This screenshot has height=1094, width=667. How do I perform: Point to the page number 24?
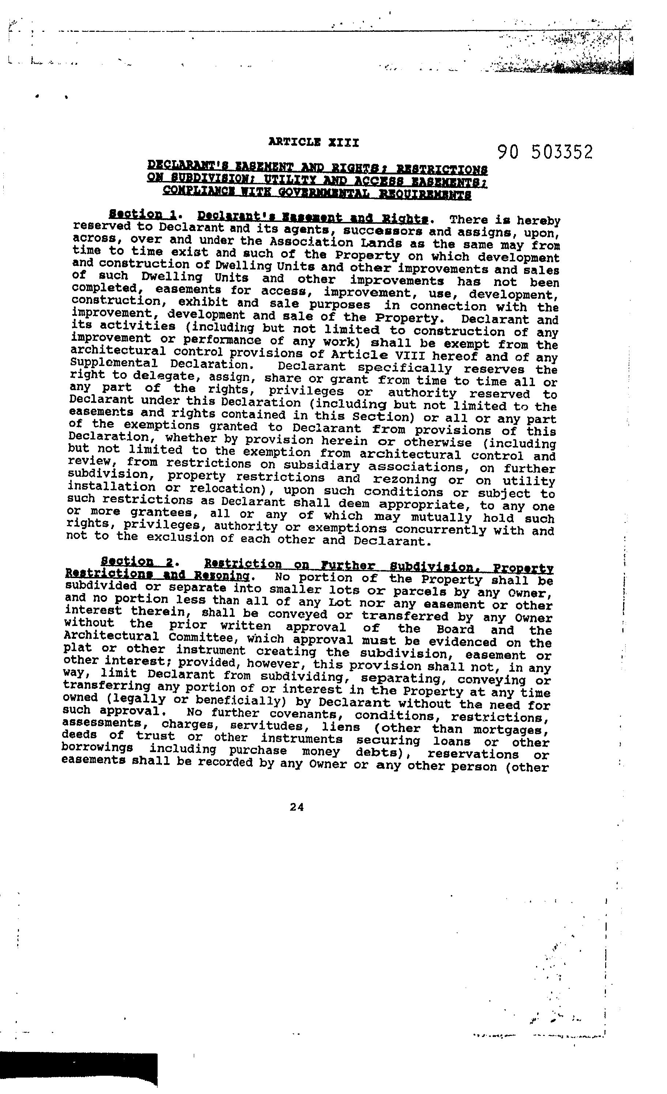[297, 808]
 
